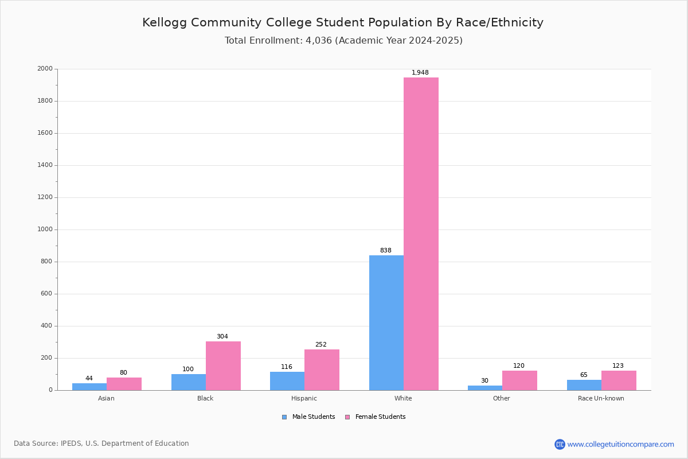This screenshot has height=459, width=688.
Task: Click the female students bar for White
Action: [421, 234]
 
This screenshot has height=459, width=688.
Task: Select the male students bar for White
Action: [386, 322]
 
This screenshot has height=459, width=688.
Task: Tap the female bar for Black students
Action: [223, 365]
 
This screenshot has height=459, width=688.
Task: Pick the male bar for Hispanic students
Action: [287, 381]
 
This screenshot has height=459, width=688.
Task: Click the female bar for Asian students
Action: [124, 384]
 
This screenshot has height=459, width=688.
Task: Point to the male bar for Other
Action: [485, 388]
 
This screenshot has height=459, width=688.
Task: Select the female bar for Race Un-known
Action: [619, 380]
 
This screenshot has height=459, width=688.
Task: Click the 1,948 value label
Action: [420, 73]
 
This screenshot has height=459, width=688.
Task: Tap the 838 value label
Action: [386, 251]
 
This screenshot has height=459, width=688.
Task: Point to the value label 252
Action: [321, 345]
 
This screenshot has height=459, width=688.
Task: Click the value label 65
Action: [584, 375]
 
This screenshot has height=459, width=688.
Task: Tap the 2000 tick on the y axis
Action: [45, 69]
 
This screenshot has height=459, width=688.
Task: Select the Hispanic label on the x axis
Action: [304, 398]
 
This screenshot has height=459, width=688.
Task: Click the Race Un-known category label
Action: [601, 398]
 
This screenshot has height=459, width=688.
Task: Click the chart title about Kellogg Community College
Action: [343, 22]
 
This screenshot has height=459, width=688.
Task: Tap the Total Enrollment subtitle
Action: [343, 41]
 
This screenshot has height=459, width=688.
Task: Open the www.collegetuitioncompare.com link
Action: [620, 444]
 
